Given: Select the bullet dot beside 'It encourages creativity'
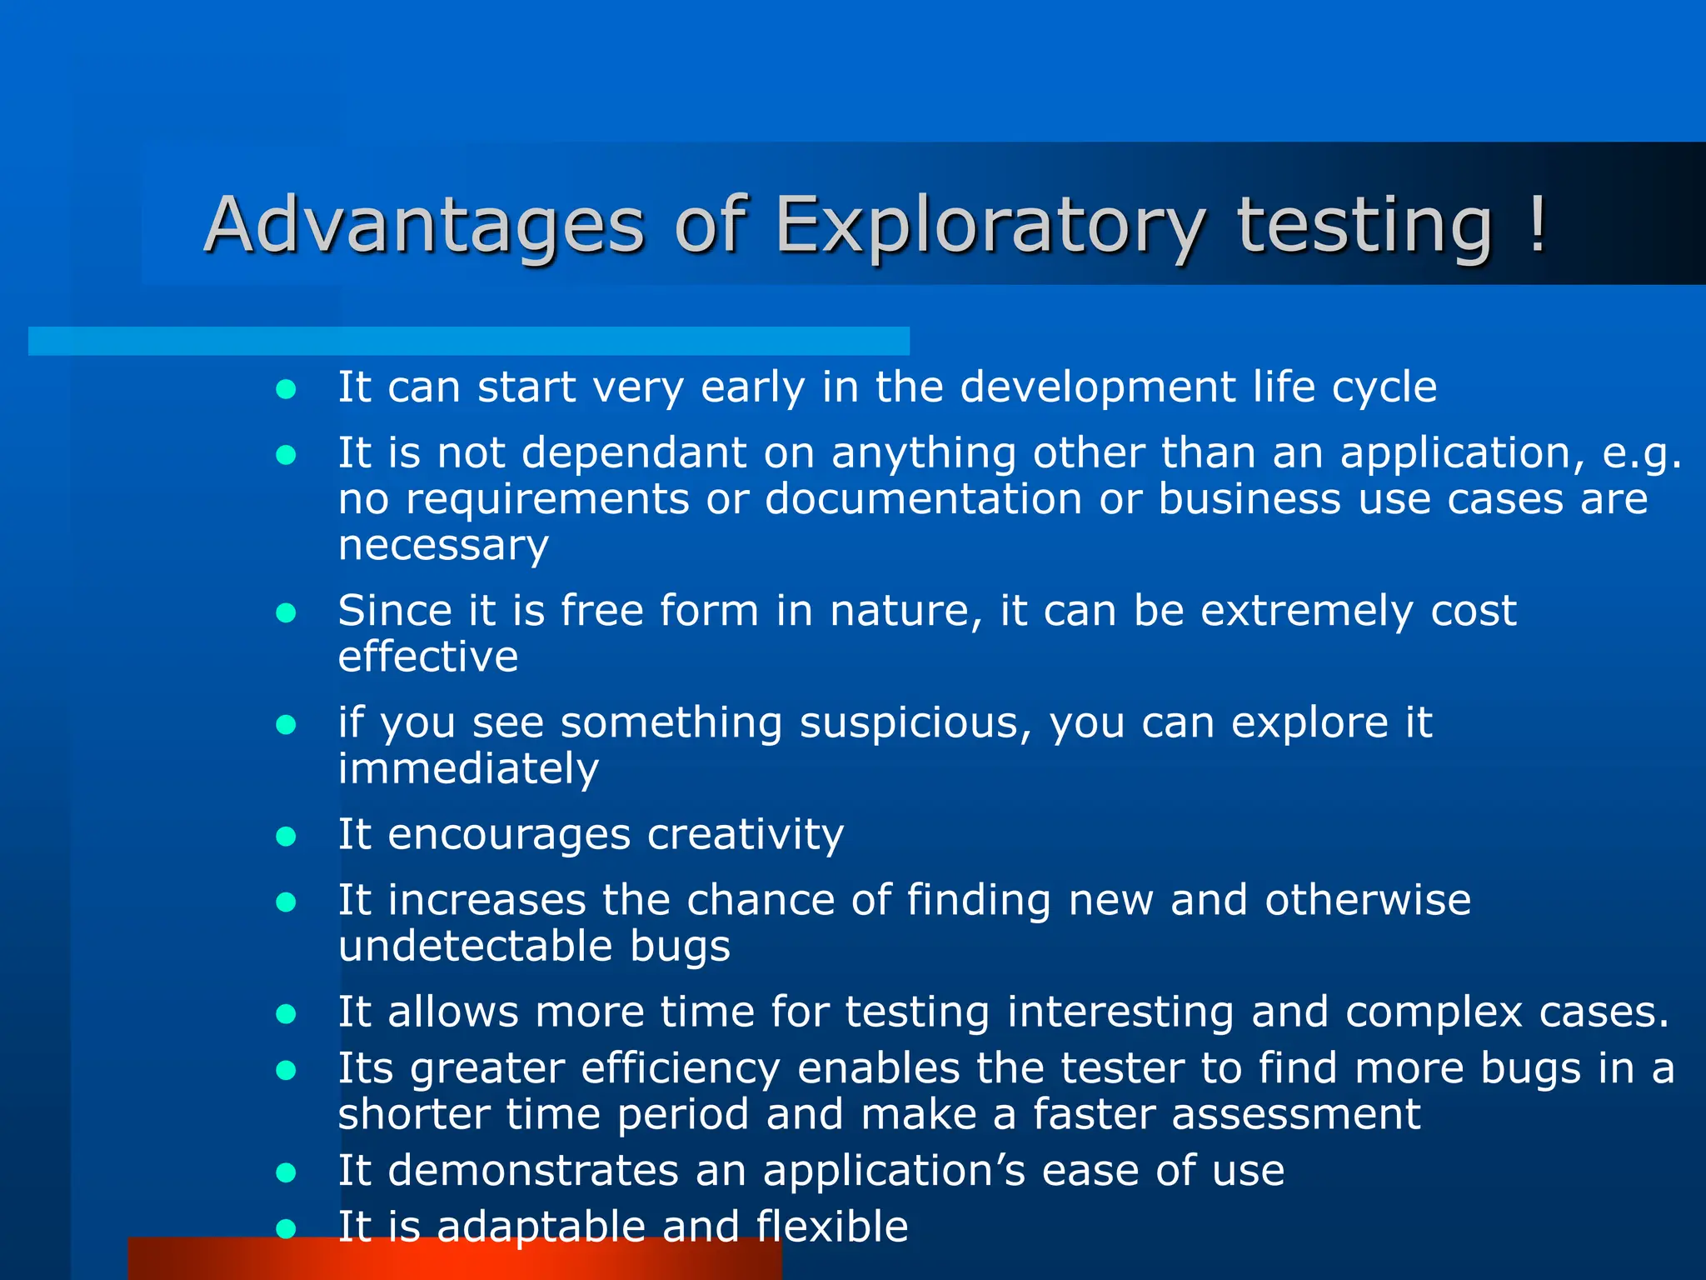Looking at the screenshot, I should [x=287, y=836].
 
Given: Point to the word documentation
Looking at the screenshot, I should [x=923, y=498].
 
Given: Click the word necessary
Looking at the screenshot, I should [x=443, y=545].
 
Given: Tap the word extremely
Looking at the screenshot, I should [x=1306, y=611].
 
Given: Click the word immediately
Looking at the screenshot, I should [x=468, y=768].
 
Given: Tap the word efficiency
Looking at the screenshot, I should [x=681, y=1069].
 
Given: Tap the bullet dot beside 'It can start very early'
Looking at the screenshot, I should [x=287, y=389].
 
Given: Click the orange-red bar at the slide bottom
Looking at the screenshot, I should [x=454, y=1260].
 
